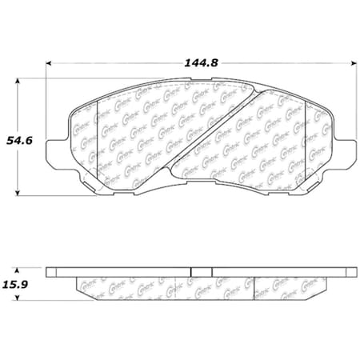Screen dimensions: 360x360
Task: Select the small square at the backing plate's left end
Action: click(52, 272)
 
